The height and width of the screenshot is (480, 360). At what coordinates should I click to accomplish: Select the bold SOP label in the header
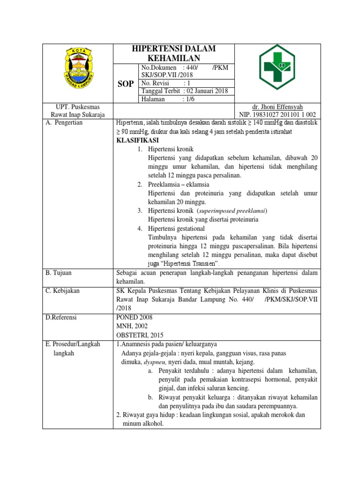pyautogui.click(x=125, y=83)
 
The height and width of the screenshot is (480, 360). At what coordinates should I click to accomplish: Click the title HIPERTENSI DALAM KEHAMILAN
pyautogui.click(x=173, y=53)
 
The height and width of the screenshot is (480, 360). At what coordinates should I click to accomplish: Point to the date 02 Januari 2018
pyautogui.click(x=207, y=91)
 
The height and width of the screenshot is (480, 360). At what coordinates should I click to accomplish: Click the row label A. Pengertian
pyautogui.click(x=64, y=123)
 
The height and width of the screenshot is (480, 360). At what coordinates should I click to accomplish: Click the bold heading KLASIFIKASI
pyautogui.click(x=137, y=141)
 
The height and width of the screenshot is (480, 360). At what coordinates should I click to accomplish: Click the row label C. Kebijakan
pyautogui.click(x=62, y=291)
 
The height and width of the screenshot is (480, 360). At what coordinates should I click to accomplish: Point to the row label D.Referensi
pyautogui.click(x=61, y=317)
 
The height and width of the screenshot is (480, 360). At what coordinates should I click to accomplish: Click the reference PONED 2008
pyautogui.click(x=134, y=317)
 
